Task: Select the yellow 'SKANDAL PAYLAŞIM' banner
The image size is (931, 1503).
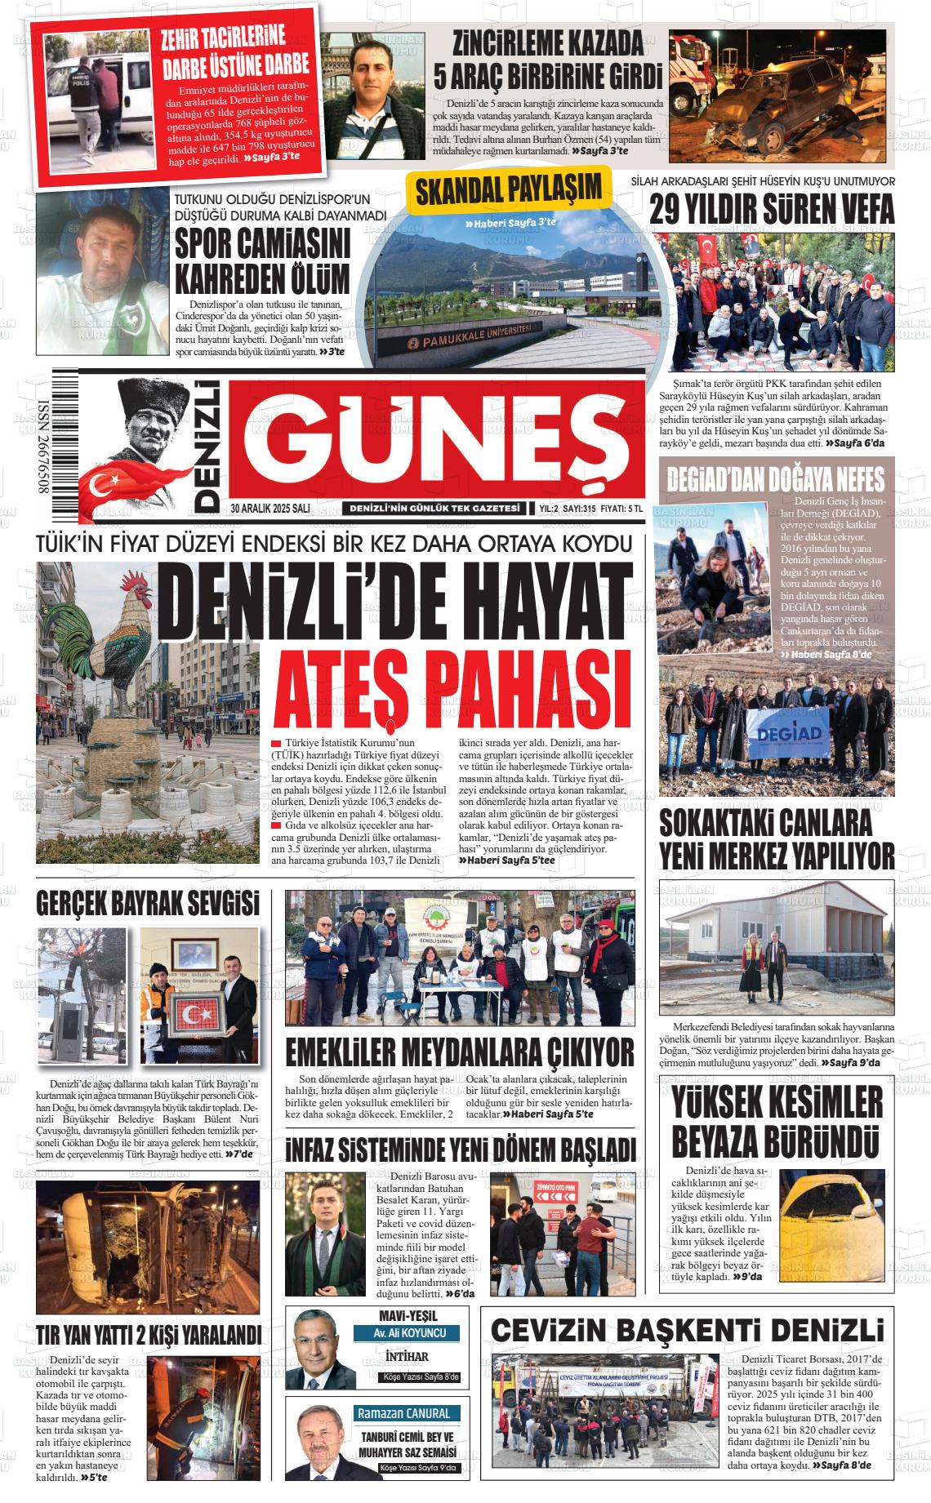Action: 508,190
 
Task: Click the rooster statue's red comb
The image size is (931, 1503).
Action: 133,583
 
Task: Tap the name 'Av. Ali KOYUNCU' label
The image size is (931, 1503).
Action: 405,1334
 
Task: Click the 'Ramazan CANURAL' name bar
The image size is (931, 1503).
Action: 403,1413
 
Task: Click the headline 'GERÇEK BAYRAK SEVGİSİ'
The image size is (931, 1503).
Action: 148,904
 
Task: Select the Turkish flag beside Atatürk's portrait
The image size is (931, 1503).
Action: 122,482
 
